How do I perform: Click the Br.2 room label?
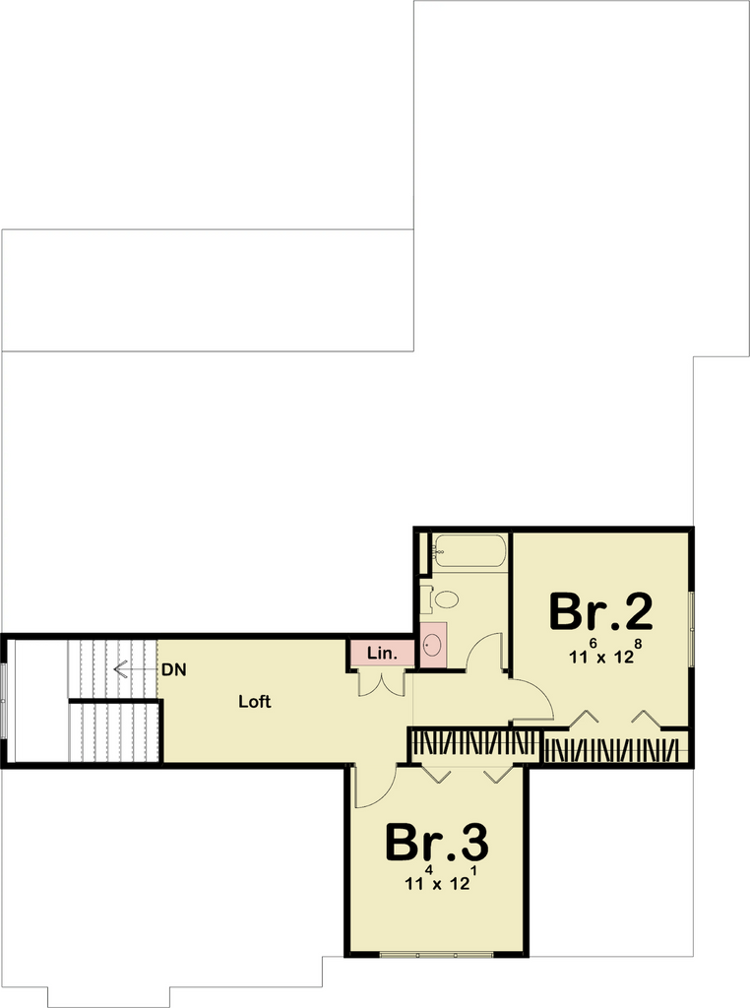601,612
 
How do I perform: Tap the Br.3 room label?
437,843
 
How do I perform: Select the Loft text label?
255,701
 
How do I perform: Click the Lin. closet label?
383,654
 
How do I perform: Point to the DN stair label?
173,669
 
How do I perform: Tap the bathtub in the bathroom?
469,551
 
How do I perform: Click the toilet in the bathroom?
441,599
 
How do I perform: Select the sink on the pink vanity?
433,643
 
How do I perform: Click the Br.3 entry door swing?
375,787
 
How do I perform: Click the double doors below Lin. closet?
382,684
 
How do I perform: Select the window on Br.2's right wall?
692,629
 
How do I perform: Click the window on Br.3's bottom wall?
437,955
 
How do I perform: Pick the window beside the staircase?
4,701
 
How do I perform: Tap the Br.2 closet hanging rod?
612,750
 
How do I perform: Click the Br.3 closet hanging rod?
474,743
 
